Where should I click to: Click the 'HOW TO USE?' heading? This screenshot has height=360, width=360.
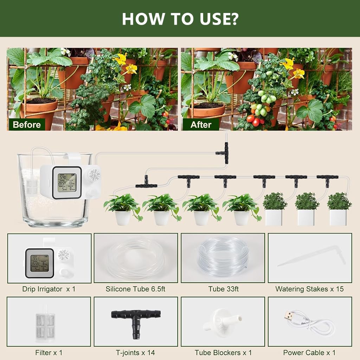[180, 19]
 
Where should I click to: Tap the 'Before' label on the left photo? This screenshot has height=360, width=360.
[26, 124]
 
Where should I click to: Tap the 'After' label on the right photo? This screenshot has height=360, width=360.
[201, 124]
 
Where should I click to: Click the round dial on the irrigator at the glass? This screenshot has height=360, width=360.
[94, 175]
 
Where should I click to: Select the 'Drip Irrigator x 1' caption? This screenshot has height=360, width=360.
[49, 289]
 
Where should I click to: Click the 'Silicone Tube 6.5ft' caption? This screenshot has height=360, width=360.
[135, 289]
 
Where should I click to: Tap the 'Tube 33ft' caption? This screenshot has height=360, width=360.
[223, 289]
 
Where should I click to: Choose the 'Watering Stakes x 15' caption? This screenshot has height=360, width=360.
[309, 289]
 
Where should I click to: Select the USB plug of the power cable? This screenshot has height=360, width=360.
[288, 315]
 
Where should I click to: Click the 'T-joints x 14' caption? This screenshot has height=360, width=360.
[135, 352]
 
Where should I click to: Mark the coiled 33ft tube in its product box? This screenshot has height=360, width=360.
[223, 256]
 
